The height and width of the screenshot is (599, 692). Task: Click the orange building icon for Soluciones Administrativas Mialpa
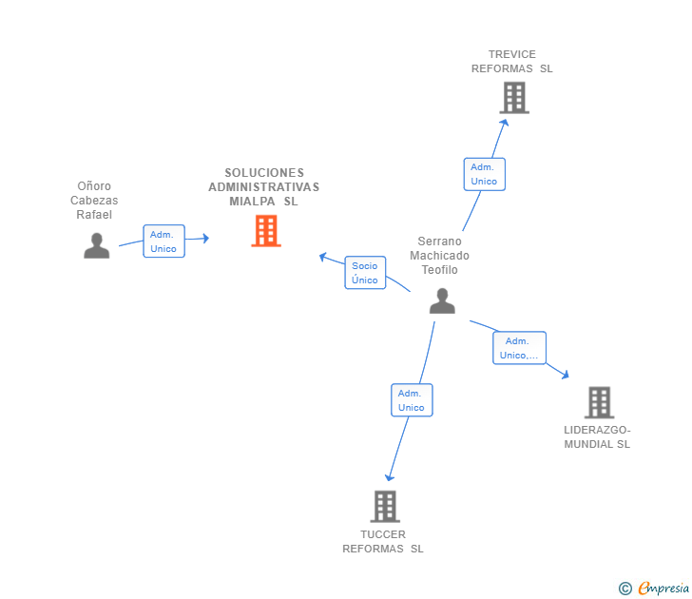(x=266, y=230)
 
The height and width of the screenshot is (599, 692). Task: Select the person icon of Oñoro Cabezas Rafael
(x=97, y=245)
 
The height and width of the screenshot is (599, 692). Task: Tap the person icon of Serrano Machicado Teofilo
(x=442, y=301)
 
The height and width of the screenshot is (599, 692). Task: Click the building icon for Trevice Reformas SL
(x=514, y=98)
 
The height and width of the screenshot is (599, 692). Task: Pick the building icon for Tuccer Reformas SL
(x=385, y=507)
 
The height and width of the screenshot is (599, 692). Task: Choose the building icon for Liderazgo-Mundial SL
(x=599, y=402)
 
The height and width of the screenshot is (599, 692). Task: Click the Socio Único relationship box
(x=365, y=273)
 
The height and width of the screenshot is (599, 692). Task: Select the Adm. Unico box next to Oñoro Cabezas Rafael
(x=163, y=241)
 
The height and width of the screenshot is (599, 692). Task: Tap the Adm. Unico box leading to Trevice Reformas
(x=484, y=174)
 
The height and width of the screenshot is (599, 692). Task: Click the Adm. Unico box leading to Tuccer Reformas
(x=412, y=400)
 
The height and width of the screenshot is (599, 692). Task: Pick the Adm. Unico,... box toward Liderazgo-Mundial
(x=519, y=348)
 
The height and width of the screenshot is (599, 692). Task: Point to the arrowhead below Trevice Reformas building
(x=504, y=123)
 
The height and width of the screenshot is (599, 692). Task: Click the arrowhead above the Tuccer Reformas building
(x=389, y=477)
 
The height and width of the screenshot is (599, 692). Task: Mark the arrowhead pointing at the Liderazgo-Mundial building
(x=566, y=375)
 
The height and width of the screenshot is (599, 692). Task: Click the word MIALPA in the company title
(x=252, y=202)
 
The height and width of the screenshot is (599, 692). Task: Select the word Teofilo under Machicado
(x=439, y=270)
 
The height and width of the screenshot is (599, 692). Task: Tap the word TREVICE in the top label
(x=512, y=54)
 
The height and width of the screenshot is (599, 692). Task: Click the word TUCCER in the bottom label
(x=383, y=534)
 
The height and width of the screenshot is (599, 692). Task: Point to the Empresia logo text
(x=663, y=588)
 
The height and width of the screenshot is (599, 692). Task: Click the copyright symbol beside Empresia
(x=625, y=589)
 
